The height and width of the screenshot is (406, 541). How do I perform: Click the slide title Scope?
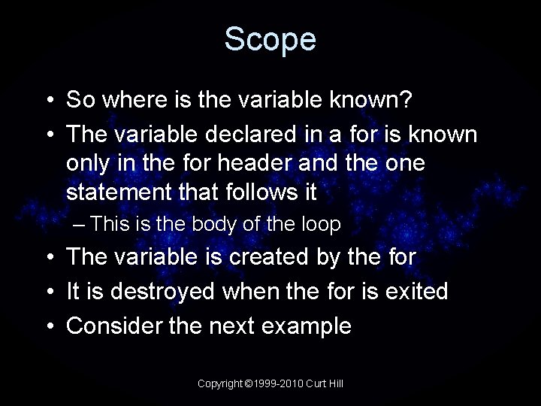click(x=270, y=39)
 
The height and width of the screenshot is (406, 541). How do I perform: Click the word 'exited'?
click(x=415, y=291)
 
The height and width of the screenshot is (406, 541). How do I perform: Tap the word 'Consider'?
click(x=113, y=326)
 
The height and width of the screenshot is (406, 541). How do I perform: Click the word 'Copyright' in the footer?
click(x=220, y=383)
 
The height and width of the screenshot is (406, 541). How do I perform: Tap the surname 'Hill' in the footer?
click(x=336, y=383)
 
